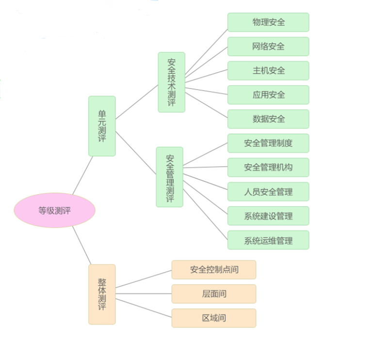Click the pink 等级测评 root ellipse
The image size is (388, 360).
[x=54, y=210]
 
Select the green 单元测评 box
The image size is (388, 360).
[x=102, y=126]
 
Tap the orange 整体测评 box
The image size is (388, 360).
[x=102, y=294]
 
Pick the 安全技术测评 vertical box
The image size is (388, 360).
[x=171, y=82]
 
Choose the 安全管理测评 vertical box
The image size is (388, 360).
[x=169, y=177]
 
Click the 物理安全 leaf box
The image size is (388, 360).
[x=268, y=22]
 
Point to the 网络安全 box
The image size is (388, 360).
[x=268, y=47]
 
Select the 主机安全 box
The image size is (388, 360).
[x=268, y=71]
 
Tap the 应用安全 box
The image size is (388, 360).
[x=268, y=95]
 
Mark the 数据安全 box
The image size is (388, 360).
[x=268, y=119]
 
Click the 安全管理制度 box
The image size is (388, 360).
[x=268, y=143]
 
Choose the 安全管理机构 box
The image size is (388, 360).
[x=268, y=167]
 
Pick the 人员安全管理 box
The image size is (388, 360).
[x=268, y=192]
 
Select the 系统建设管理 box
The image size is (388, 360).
[x=268, y=216]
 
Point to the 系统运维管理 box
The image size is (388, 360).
[x=268, y=240]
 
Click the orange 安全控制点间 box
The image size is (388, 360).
[x=214, y=270]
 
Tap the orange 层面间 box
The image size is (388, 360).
[x=214, y=294]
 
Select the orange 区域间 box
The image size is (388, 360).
[x=214, y=318]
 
